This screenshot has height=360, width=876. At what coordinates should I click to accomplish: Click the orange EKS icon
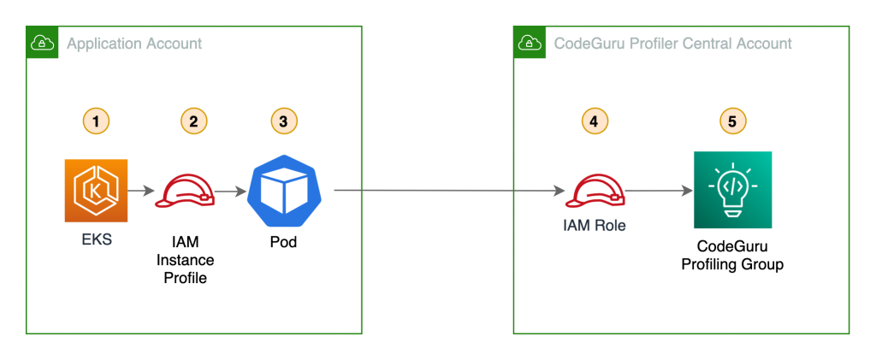96,191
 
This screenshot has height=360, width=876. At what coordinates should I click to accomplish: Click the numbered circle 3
283,121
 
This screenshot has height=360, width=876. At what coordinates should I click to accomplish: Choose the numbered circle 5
731,121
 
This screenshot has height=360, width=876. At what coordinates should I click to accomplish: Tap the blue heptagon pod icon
281,191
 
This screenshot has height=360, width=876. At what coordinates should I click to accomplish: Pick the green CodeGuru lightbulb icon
731,190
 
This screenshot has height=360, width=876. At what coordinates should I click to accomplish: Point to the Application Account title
134,44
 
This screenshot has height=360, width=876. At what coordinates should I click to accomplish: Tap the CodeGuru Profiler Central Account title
673,44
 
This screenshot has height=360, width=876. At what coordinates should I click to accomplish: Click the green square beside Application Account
42,42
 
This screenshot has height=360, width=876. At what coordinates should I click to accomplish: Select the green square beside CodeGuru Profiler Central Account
530,42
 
